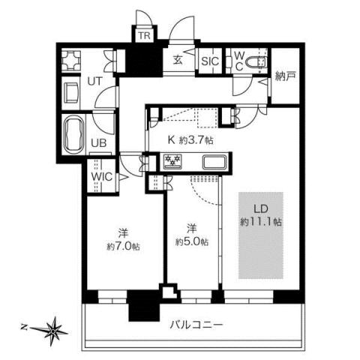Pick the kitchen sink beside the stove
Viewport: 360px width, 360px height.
211,161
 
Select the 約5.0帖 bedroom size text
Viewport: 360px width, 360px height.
193,241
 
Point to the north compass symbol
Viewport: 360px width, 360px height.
54,328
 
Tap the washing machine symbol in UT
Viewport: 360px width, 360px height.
74,59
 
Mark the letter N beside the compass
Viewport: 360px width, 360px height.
24,327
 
